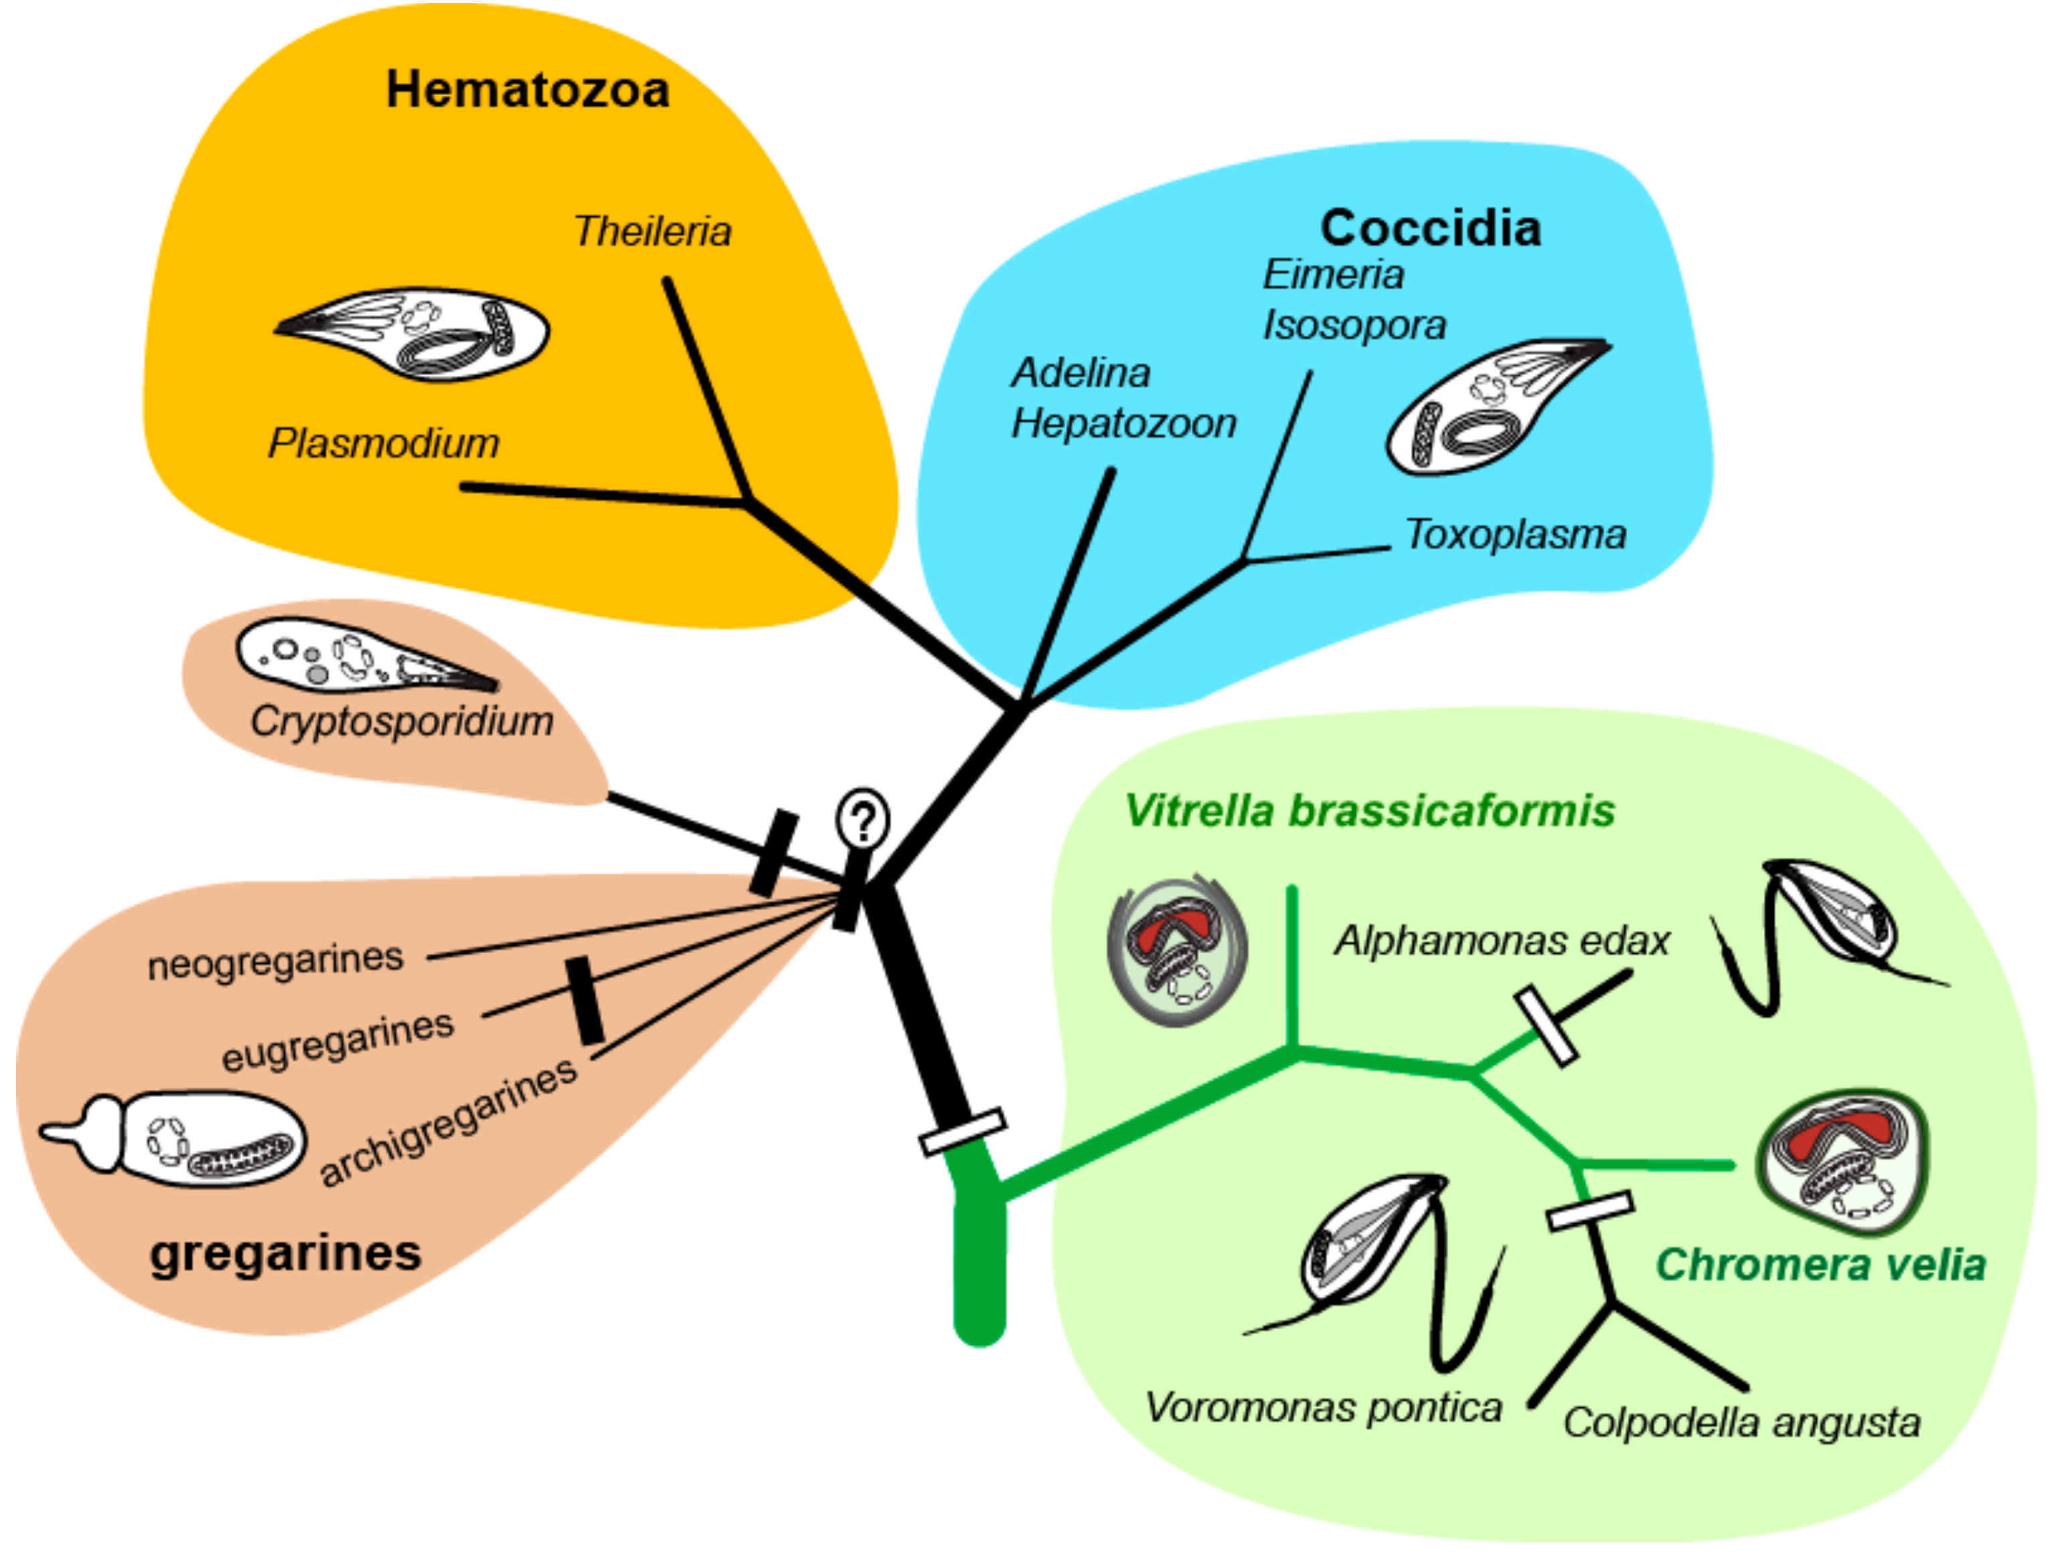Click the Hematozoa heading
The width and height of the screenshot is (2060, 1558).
point(527,90)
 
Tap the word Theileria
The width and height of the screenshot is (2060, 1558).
point(652,231)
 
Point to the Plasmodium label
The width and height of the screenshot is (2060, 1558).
point(384,443)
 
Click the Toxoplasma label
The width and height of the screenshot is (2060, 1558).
point(1515,535)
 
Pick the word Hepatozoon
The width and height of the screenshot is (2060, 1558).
point(1124,424)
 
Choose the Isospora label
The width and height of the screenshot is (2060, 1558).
point(1354,325)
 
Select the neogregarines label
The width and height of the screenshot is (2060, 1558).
point(275,961)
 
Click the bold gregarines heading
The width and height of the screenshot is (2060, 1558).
point(286,1253)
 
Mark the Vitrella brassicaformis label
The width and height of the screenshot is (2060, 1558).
point(1370,810)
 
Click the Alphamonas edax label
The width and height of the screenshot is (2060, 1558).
point(1502,940)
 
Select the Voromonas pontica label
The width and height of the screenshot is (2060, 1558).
point(1323,1407)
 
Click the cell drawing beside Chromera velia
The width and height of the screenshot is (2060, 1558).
point(1841,1161)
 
